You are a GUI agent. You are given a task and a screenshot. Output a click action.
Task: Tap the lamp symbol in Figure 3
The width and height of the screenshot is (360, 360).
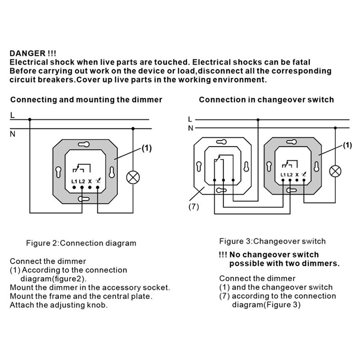(335, 171)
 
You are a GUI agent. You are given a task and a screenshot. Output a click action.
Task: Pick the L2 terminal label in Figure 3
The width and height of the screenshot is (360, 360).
(290, 175)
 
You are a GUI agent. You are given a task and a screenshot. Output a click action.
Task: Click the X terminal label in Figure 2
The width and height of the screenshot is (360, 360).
(90, 181)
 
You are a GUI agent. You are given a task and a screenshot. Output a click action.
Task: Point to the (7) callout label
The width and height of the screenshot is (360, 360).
(193, 207)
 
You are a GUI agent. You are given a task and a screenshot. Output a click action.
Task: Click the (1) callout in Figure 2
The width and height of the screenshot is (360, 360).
(148, 148)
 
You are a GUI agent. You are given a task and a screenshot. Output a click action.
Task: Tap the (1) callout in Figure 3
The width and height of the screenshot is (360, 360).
(347, 145)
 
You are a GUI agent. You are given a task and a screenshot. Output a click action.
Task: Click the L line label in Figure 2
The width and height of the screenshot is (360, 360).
(13, 116)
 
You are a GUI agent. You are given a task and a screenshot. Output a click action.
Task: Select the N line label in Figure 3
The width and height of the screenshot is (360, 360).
(190, 128)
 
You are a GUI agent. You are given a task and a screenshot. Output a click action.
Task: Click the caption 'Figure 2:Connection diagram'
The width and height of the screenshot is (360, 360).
(81, 243)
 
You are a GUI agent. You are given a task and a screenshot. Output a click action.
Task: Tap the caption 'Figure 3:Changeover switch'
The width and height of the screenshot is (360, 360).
(272, 241)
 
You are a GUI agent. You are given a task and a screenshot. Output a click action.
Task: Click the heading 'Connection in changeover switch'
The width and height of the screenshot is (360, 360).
(266, 99)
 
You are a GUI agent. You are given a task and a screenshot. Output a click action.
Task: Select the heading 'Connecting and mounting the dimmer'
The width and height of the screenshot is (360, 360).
(86, 99)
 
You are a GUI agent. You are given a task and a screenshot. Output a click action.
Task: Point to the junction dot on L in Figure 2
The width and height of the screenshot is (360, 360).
(30, 120)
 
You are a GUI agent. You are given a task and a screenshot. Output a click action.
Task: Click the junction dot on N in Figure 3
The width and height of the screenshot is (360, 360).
(335, 128)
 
